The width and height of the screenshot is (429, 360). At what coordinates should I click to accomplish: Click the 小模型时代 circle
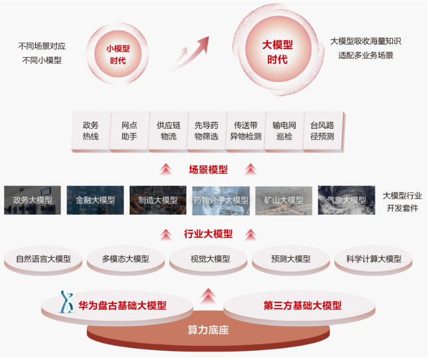pyautogui.click(x=117, y=53)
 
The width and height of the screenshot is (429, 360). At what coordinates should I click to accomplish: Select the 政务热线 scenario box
pyautogui.click(x=90, y=131)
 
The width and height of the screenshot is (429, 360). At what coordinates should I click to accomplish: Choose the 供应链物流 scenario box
pyautogui.click(x=168, y=131)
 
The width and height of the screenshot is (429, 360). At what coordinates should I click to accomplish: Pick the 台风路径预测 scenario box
pyautogui.click(x=323, y=131)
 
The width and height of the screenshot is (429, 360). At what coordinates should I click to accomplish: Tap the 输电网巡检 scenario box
pyautogui.click(x=284, y=131)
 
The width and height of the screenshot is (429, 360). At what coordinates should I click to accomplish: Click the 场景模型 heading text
pyautogui.click(x=208, y=169)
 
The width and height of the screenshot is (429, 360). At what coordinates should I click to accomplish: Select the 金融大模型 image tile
pyautogui.click(x=95, y=200)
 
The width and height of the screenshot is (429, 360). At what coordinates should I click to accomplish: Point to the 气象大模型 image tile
pyautogui.click(x=346, y=200)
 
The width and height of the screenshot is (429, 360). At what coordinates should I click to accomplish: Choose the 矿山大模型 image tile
pyautogui.click(x=284, y=200)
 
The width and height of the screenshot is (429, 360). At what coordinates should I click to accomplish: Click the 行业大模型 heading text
pyautogui.click(x=208, y=234)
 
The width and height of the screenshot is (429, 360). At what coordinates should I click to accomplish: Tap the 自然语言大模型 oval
pyautogui.click(x=43, y=259)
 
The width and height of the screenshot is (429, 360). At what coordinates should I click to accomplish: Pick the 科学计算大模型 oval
pyautogui.click(x=374, y=259)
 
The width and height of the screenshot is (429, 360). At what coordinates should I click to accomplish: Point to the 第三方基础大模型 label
pyautogui.click(x=303, y=305)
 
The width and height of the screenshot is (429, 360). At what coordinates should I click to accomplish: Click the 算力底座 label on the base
pyautogui.click(x=208, y=330)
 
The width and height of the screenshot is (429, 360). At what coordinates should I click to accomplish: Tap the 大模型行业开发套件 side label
pyautogui.click(x=402, y=202)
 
